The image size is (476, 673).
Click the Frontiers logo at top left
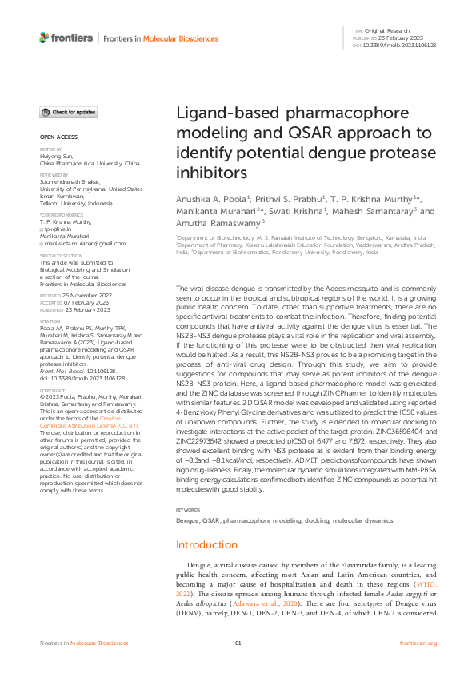tap(66, 38)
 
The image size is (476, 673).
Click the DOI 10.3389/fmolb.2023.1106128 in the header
tap(399, 46)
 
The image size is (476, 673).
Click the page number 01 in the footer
tap(238, 643)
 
